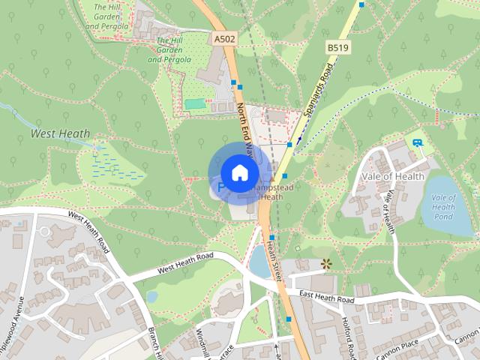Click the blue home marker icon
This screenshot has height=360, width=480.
point(239,172)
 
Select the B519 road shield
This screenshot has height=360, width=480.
point(337,47)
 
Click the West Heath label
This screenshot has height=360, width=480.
point(60,134)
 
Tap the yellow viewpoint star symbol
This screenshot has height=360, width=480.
point(325,263)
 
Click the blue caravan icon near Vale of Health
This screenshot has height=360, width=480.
point(417,140)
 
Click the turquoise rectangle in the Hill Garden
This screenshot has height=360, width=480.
point(196,103)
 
